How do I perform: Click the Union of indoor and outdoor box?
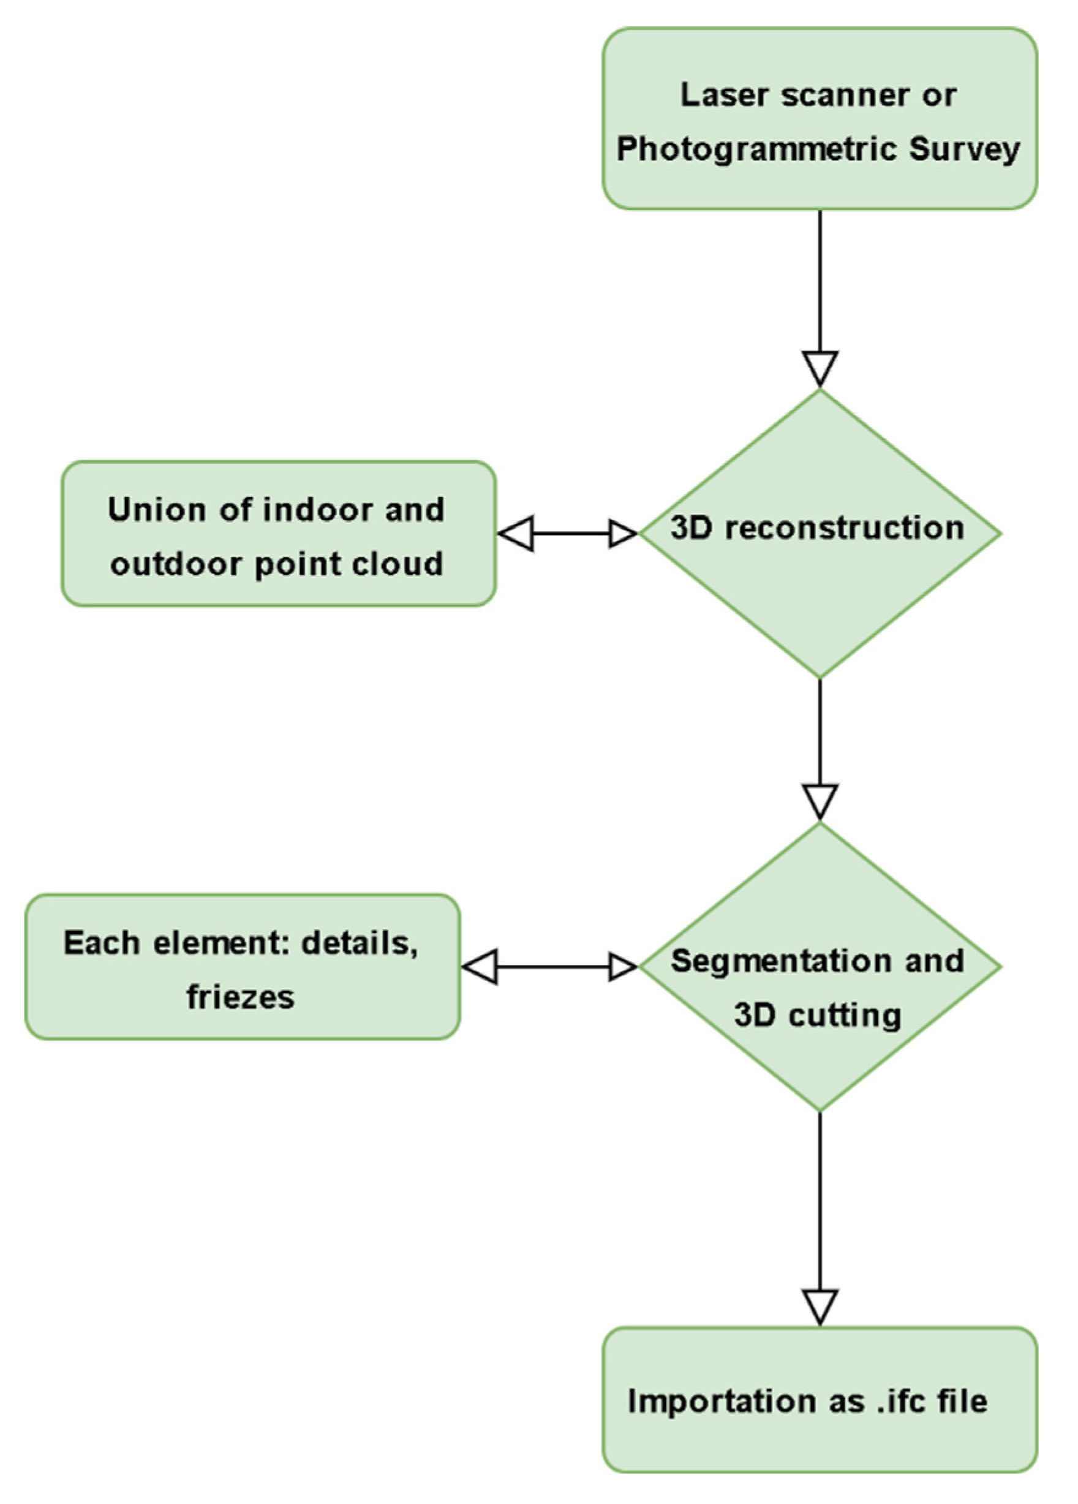pyautogui.click(x=279, y=534)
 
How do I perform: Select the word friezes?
pyautogui.click(x=240, y=997)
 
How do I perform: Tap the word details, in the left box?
pyautogui.click(x=360, y=942)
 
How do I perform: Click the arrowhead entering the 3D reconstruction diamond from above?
pyautogui.click(x=820, y=367)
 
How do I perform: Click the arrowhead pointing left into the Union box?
pyautogui.click(x=516, y=533)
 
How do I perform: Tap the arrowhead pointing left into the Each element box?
pyautogui.click(x=480, y=967)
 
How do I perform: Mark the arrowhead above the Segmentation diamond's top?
pyautogui.click(x=820, y=801)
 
